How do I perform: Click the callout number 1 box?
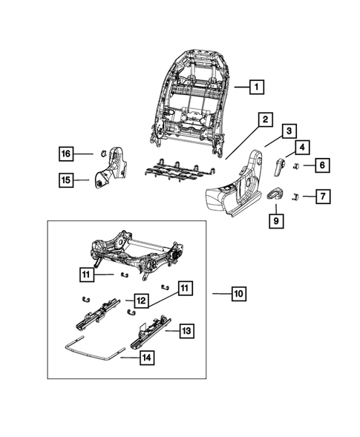point(255,87)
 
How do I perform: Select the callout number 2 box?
point(264,119)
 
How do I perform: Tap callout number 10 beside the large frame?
point(238,295)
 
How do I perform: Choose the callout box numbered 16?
point(67,154)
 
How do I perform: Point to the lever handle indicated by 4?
point(281,167)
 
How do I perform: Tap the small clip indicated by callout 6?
point(295,165)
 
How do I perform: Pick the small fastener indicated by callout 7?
point(295,196)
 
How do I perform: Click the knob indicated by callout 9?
point(275,195)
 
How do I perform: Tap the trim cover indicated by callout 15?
point(105,174)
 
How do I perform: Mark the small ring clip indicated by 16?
point(97,154)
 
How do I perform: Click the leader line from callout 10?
point(219,295)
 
